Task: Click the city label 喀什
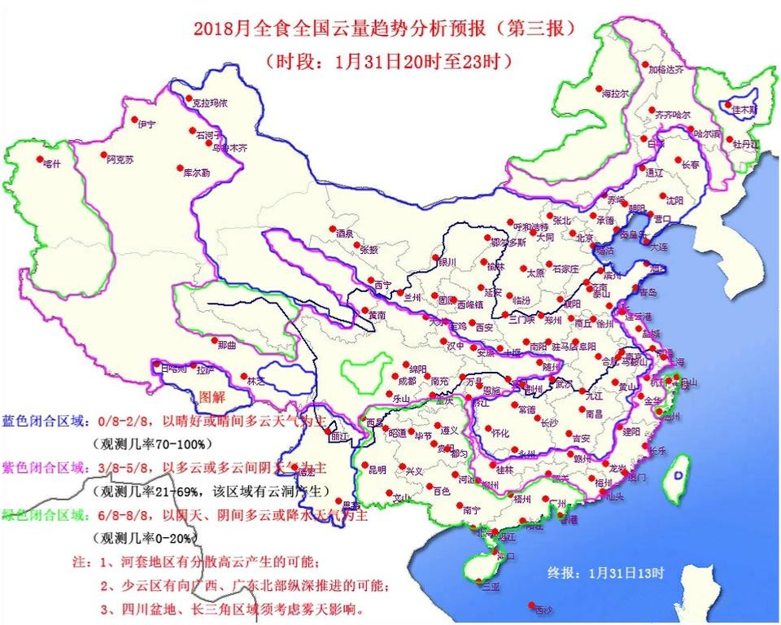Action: coord(52,163)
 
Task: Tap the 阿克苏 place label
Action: coord(119,160)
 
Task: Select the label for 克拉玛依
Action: coord(209,103)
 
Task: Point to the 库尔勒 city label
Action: coord(196,173)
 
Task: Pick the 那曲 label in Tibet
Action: coord(228,345)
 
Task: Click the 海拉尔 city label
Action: coord(615,94)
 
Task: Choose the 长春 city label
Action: coord(691,164)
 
